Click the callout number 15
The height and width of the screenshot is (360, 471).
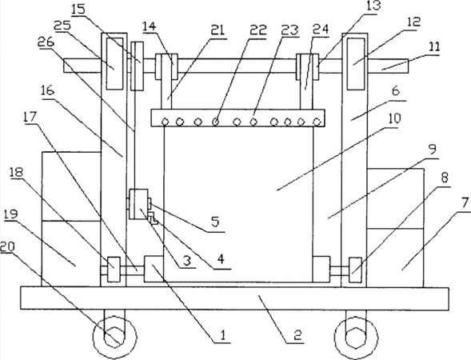[x=78, y=9]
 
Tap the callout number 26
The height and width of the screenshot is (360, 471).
[x=46, y=42]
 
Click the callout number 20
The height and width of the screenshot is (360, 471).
[x=7, y=247]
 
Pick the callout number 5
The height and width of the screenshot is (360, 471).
[x=215, y=222]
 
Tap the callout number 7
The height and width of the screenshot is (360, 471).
[x=465, y=203]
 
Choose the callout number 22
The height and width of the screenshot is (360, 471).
[x=258, y=30]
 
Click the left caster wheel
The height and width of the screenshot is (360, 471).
[x=114, y=337]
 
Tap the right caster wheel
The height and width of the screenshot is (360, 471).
[x=356, y=337]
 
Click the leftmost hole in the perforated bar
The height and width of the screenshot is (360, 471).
[x=165, y=122]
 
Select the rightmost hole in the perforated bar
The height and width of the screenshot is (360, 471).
[x=317, y=122]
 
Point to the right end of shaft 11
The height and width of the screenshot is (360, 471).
[x=408, y=66]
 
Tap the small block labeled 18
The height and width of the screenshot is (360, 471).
[x=114, y=270]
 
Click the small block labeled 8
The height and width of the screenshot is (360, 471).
[x=355, y=270]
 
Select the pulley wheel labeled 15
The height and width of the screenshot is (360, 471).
[x=137, y=66]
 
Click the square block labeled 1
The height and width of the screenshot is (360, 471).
[x=154, y=269]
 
